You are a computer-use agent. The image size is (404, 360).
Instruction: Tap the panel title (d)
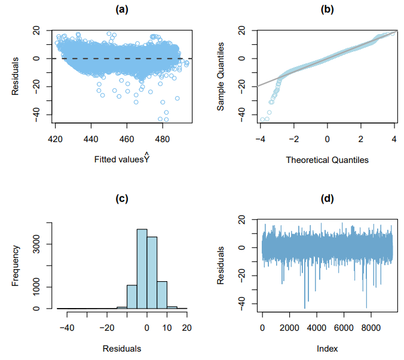[x=327, y=199]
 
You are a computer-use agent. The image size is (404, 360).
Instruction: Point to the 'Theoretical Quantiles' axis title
[x=327, y=159]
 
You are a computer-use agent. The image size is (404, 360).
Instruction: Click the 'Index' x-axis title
[x=327, y=348]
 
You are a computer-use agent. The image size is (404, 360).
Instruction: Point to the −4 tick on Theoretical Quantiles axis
[x=260, y=139]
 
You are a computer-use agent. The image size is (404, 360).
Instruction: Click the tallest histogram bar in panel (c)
[x=142, y=269]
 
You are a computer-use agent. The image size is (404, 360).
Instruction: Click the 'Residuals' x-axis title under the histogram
[x=122, y=348]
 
